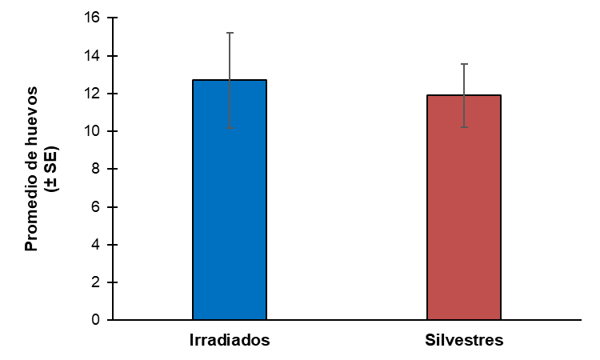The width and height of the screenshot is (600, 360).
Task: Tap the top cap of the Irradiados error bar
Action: tap(230, 33)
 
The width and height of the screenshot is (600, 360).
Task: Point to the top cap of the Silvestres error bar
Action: tap(464, 64)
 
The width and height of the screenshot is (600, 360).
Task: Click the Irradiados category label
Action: tap(229, 340)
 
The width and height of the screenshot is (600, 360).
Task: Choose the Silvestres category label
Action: tap(464, 340)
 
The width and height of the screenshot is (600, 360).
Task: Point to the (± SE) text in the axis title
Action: tap(50, 169)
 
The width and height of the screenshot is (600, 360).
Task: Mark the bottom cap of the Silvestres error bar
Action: tap(464, 127)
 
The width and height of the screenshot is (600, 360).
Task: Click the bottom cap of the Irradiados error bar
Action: tap(230, 130)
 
